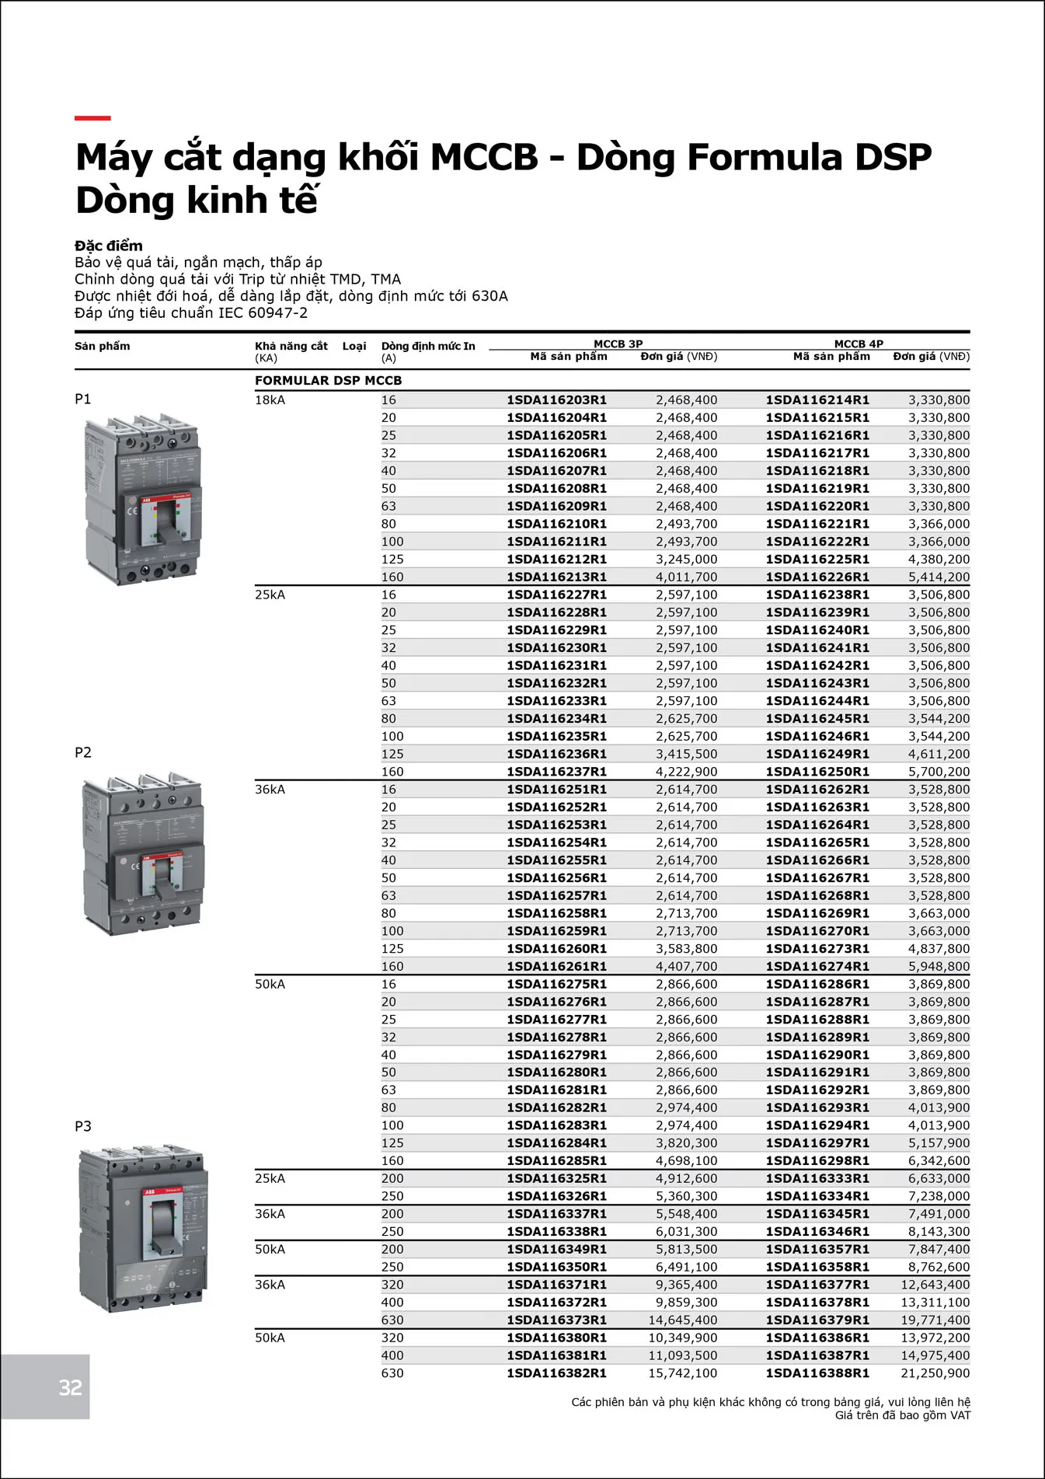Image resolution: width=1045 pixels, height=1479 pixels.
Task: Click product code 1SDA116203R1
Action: pyautogui.click(x=556, y=400)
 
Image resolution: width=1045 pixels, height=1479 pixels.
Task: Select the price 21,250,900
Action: pyautogui.click(x=935, y=1373)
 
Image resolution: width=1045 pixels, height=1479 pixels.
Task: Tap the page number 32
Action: pyautogui.click(x=70, y=1387)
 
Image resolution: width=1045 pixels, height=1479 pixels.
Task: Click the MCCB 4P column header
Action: pyautogui.click(x=859, y=344)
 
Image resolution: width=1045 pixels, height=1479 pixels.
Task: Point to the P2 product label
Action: pyautogui.click(x=83, y=752)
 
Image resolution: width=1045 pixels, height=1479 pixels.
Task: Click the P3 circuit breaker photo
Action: pyautogui.click(x=144, y=1228)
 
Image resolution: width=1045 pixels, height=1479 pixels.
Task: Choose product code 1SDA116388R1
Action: pyautogui.click(x=817, y=1373)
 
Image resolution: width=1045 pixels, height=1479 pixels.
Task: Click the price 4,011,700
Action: pyautogui.click(x=686, y=577)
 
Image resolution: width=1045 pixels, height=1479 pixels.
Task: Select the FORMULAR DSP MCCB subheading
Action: pyautogui.click(x=328, y=381)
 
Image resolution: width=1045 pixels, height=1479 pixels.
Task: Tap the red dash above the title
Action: pyautogui.click(x=92, y=118)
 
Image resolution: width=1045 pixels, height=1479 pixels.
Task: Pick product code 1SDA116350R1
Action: pyautogui.click(x=556, y=1267)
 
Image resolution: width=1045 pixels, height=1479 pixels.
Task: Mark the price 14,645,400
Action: pyautogui.click(x=683, y=1320)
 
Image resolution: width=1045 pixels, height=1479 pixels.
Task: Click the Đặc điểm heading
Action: pyautogui.click(x=109, y=246)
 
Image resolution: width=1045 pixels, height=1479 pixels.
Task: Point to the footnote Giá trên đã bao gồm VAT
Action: pyautogui.click(x=902, y=1415)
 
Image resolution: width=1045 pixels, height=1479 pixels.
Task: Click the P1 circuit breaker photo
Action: pyautogui.click(x=142, y=499)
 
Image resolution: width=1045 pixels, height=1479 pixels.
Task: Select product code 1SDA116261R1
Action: pyautogui.click(x=556, y=966)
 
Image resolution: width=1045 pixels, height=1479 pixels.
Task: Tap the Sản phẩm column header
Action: pyautogui.click(x=103, y=347)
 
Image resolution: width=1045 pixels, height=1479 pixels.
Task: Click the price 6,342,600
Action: pyautogui.click(x=939, y=1160)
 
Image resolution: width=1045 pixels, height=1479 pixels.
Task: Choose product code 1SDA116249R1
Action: pyautogui.click(x=817, y=754)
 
